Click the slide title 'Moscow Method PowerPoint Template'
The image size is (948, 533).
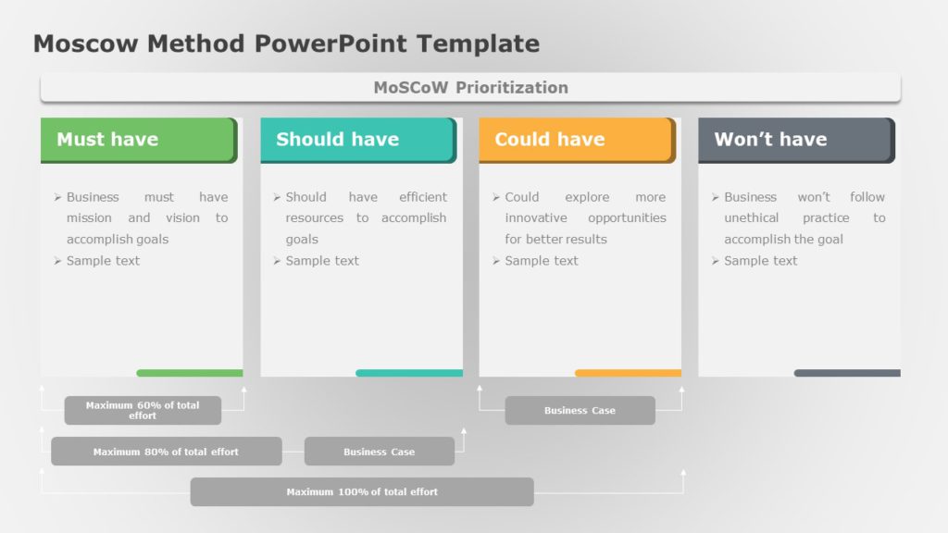coord(286,43)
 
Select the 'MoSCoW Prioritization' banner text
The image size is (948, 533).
coord(470,88)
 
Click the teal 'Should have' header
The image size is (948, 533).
coord(357,140)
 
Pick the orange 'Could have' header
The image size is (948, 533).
coord(576,140)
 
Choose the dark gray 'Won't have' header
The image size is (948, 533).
coord(795,140)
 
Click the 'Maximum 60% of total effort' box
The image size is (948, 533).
coord(143,410)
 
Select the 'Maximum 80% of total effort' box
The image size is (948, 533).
coord(167,452)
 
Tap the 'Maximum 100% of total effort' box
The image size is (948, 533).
coord(362,491)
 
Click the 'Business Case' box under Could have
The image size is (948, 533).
coord(580,410)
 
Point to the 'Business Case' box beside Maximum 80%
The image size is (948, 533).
coord(379,452)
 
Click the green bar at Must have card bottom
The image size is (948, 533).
coord(190,373)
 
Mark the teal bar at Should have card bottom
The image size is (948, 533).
coord(409,373)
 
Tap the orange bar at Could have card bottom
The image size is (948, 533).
coord(628,373)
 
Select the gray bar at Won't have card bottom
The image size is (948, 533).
coord(847,373)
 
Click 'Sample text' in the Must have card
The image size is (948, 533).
coord(103,261)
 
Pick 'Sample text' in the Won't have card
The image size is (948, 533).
coord(760,261)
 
